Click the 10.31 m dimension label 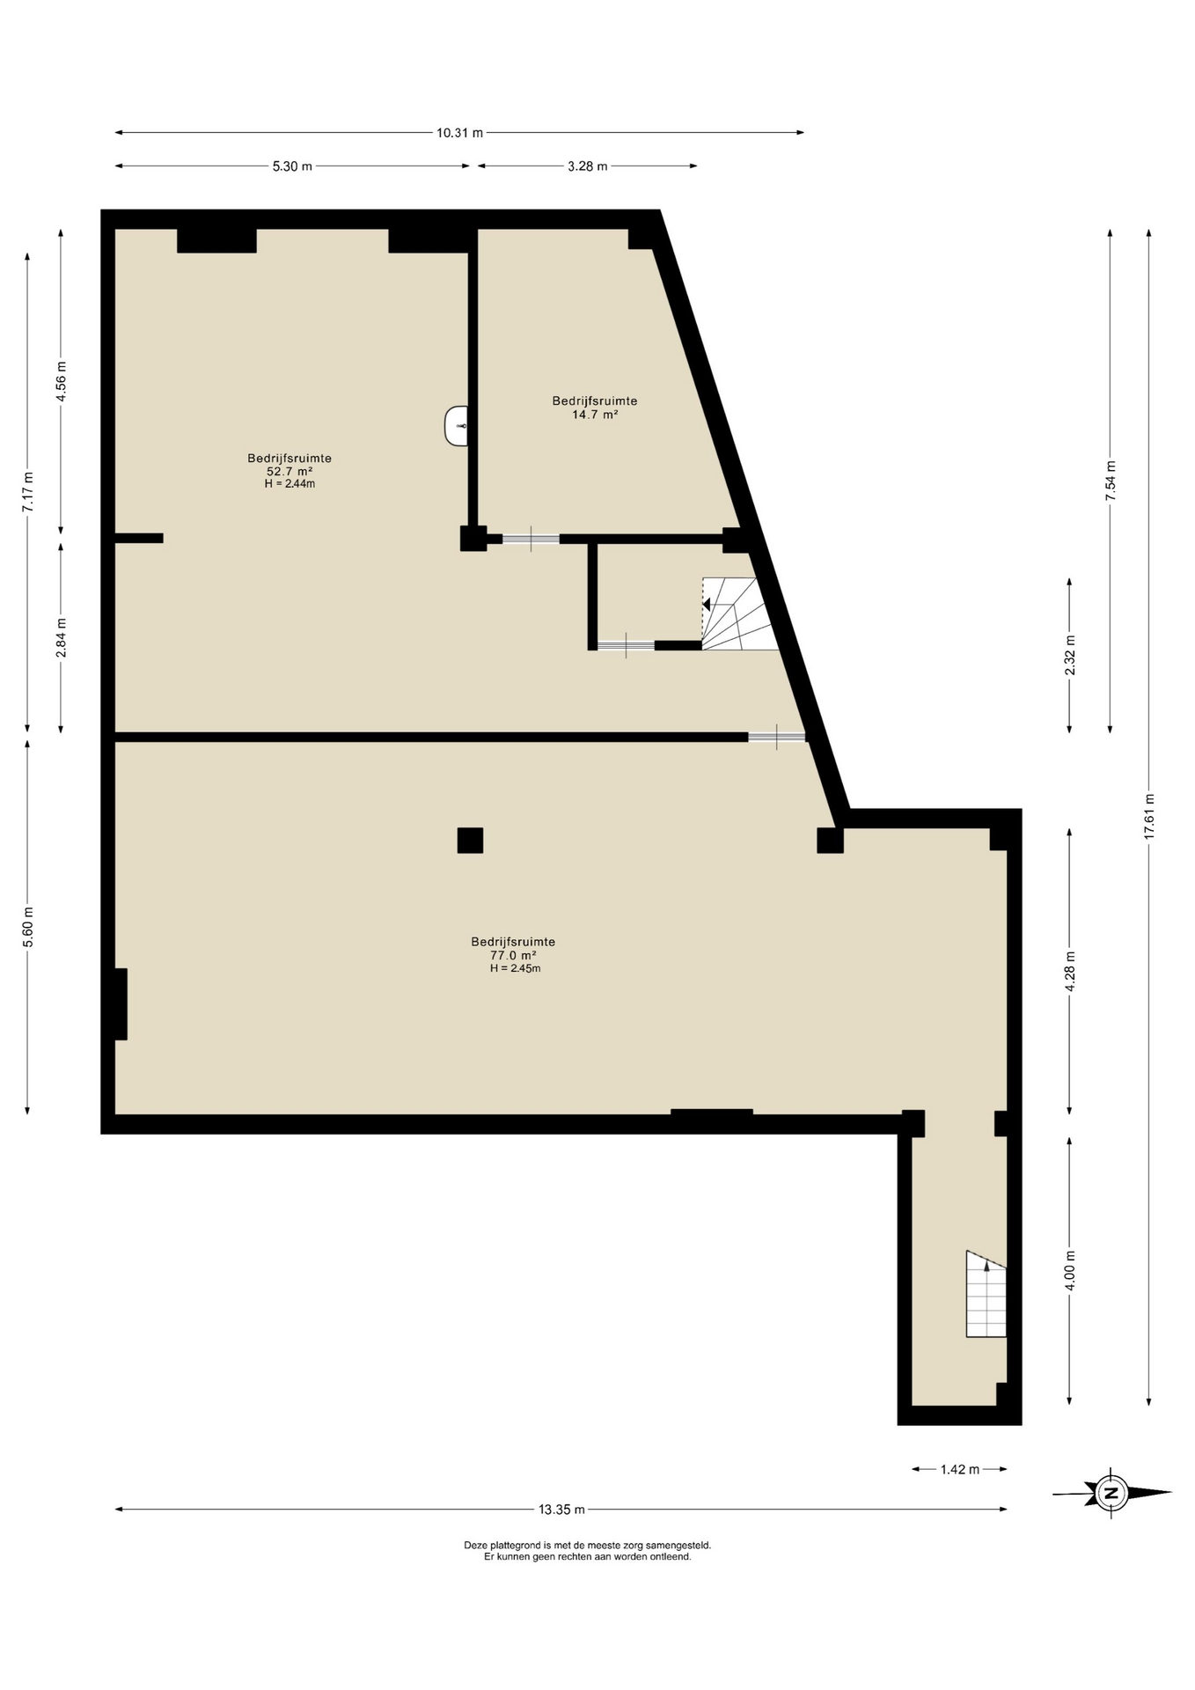[x=459, y=133]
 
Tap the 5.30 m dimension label [x=292, y=166]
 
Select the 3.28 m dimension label [x=587, y=166]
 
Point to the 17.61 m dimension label [x=1149, y=817]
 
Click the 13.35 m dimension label [x=561, y=1510]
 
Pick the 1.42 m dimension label [x=959, y=1469]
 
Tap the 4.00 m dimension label [x=1070, y=1271]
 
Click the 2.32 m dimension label [x=1070, y=656]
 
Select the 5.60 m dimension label [x=28, y=927]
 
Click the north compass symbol [x=1111, y=1493]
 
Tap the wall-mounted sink [x=457, y=426]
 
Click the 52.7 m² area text [x=290, y=471]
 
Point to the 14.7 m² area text [x=595, y=414]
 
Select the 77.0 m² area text [x=513, y=955]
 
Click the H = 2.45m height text [x=515, y=968]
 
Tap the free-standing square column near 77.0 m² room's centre [x=470, y=841]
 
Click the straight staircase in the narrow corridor [x=986, y=1294]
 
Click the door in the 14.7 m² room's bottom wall [x=531, y=539]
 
